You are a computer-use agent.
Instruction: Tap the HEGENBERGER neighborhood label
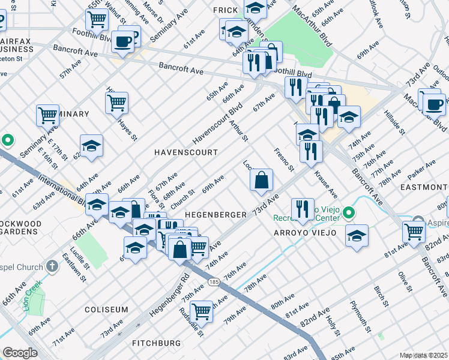pyautogui.click(x=215, y=215)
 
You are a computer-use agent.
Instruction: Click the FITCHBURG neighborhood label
pyautogui.click(x=157, y=343)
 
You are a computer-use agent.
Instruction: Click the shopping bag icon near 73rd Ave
pyautogui.click(x=261, y=180)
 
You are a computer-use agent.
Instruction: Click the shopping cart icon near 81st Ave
pyautogui.click(x=414, y=232)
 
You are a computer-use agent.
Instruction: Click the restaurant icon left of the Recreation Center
pyautogui.click(x=303, y=209)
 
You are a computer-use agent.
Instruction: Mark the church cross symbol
pyautogui.click(x=52, y=265)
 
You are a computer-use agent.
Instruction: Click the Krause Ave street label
pyautogui.click(x=324, y=185)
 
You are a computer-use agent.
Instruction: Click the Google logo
pyautogui.click(x=20, y=353)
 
